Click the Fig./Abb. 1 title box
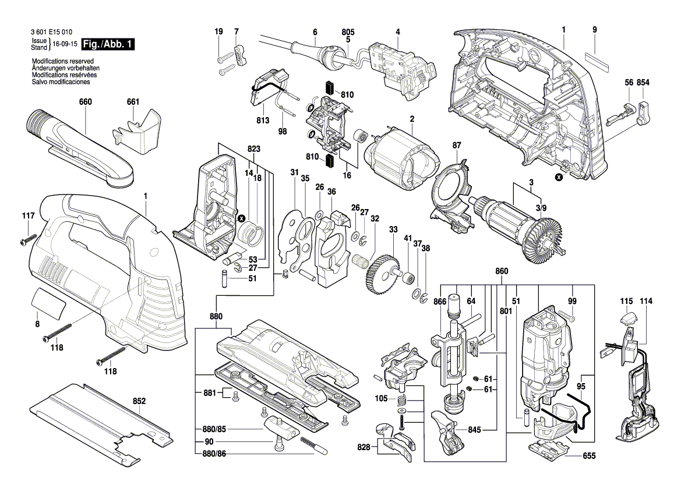pyautogui.click(x=108, y=44)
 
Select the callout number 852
pyautogui.click(x=139, y=401)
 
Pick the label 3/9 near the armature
pyautogui.click(x=541, y=208)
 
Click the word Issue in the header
pyautogui.click(x=39, y=41)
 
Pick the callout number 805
pyautogui.click(x=348, y=31)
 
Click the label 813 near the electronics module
pyautogui.click(x=262, y=121)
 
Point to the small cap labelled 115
pyautogui.click(x=627, y=318)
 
